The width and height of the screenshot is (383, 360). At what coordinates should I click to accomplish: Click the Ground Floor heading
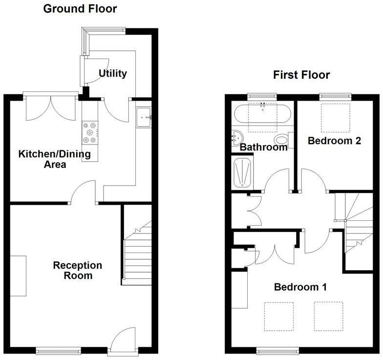coord(80,9)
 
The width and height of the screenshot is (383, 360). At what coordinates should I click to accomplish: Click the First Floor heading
coord(301,75)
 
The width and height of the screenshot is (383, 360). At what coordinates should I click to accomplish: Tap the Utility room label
coord(112,73)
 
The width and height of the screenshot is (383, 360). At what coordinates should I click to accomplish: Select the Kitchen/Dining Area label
coord(54,159)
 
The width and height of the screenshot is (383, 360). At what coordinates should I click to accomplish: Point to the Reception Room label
coord(78,271)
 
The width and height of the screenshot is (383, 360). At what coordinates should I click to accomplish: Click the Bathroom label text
coord(264,147)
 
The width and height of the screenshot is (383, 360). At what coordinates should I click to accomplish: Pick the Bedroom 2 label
coord(334,141)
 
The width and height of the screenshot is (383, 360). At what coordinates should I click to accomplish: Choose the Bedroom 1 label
coord(300,287)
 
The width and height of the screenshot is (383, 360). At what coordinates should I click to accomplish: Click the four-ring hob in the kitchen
coord(90,132)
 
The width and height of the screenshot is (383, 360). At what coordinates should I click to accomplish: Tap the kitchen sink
coord(144,117)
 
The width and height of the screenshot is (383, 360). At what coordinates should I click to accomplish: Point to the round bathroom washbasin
coord(238,137)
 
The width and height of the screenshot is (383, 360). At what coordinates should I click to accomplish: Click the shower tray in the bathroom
coord(243,172)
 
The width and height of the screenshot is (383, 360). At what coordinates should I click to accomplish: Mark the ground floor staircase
coord(138,254)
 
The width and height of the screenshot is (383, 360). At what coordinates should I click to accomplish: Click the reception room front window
coord(58,350)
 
